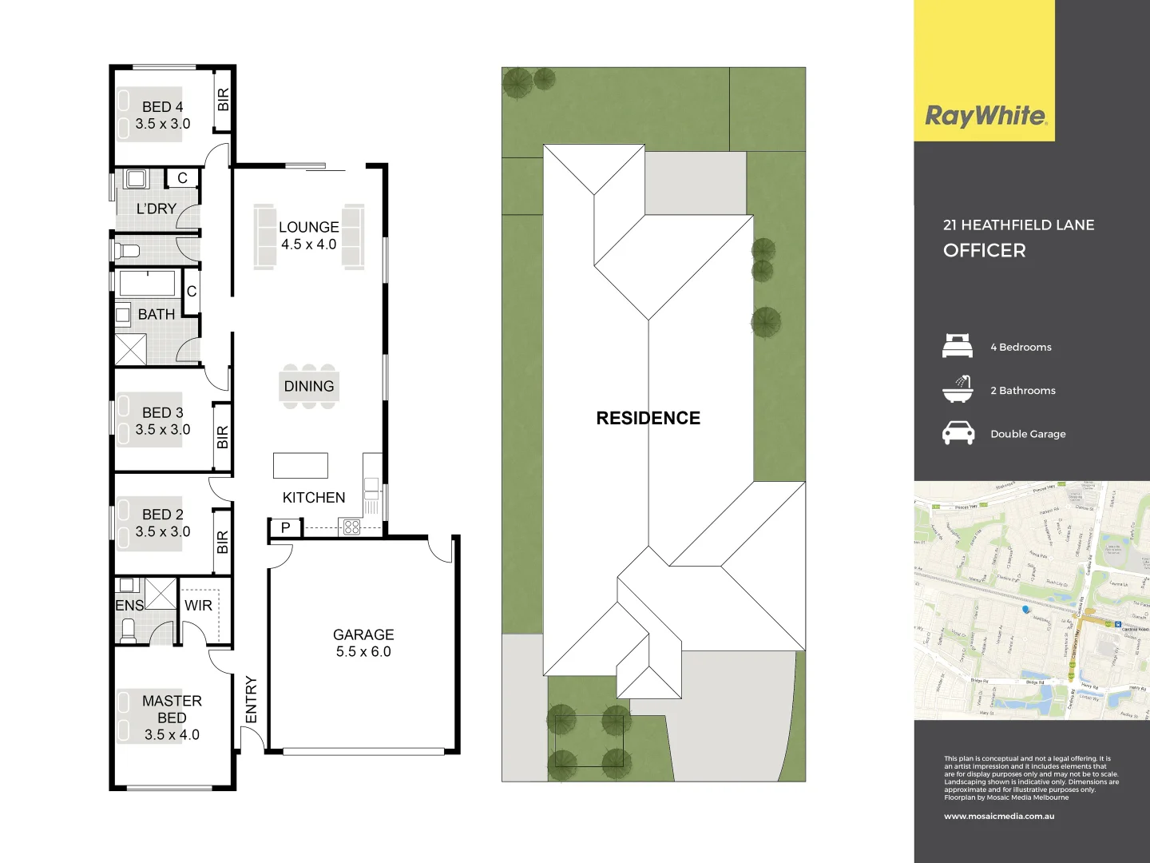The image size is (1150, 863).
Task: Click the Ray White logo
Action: (985, 116)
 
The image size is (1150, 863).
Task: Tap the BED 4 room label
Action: (162, 115)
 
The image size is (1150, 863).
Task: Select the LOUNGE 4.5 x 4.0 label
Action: (309, 236)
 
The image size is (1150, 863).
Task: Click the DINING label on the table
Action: (309, 387)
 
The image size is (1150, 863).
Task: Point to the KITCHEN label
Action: (314, 498)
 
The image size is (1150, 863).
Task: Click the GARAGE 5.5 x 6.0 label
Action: (363, 643)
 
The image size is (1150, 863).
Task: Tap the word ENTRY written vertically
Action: (252, 699)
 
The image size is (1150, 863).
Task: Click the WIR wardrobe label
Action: (198, 606)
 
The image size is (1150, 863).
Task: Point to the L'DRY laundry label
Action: (157, 209)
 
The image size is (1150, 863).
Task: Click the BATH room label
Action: (157, 315)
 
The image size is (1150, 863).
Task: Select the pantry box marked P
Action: (285, 527)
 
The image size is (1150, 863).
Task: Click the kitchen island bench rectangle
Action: (300, 465)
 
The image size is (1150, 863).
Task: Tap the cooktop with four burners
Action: (351, 527)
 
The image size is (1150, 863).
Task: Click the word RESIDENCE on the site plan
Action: (648, 418)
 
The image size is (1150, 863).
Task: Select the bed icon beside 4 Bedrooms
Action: (958, 347)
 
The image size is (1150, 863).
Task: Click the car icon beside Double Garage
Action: (958, 433)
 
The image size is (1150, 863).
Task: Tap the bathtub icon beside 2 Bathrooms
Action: (958, 390)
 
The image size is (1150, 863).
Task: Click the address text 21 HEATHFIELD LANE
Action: (1018, 225)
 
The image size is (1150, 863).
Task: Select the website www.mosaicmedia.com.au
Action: (999, 817)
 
